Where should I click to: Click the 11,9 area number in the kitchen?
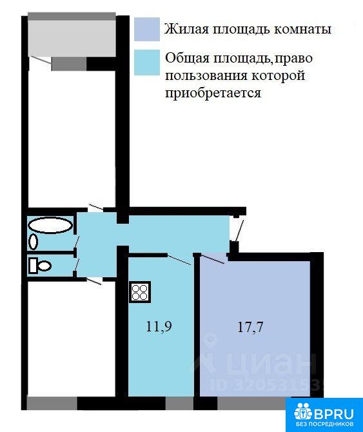tap(159, 326)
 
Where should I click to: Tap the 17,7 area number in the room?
tap(250, 327)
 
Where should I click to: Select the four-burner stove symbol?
tap(140, 292)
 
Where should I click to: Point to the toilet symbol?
tap(40, 266)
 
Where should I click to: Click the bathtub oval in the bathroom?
tap(50, 226)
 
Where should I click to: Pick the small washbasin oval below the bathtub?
tap(34, 242)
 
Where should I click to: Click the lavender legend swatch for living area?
tap(147, 29)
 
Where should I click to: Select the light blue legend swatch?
tap(147, 63)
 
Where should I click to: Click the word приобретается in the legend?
tap(213, 93)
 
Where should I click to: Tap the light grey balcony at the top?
tap(72, 38)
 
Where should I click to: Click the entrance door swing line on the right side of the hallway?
tap(239, 230)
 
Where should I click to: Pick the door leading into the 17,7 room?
tap(213, 259)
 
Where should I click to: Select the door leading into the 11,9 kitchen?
tap(179, 260)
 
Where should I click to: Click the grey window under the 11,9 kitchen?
tap(179, 404)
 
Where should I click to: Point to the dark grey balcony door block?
tap(69, 64)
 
